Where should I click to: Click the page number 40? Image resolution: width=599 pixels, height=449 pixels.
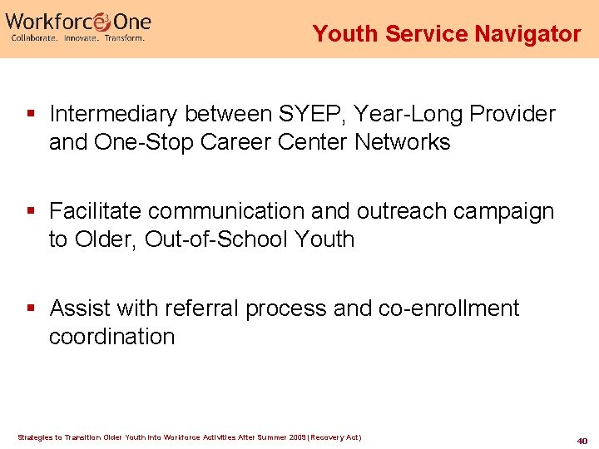click(582, 440)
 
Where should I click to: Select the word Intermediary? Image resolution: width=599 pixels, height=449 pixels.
click(116, 114)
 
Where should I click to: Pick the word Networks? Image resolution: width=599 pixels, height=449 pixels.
click(403, 142)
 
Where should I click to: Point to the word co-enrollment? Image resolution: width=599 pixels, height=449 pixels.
click(448, 308)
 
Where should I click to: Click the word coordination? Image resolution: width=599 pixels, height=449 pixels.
click(111, 337)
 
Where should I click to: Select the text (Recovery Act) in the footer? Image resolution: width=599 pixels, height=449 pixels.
click(336, 437)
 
